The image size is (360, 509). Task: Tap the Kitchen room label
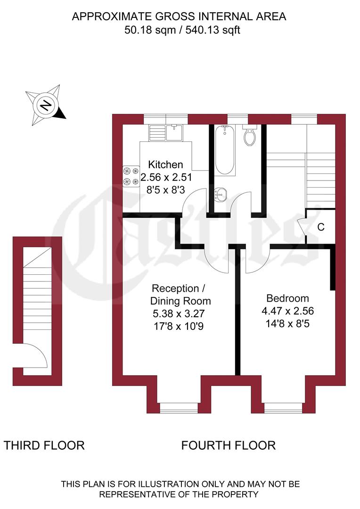coord(165,164)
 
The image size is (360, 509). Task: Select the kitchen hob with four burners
coord(131,176)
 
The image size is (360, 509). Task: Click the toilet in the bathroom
coord(249,136)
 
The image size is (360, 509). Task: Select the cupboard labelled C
coord(320,227)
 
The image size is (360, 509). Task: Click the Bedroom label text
coord(287,298)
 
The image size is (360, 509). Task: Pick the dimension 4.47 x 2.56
coord(287,311)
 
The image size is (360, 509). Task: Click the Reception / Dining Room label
coord(180,295)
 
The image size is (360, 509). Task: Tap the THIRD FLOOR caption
coord(44,445)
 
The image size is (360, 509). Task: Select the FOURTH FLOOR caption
coord(229,445)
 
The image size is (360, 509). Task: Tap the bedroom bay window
coord(283,407)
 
